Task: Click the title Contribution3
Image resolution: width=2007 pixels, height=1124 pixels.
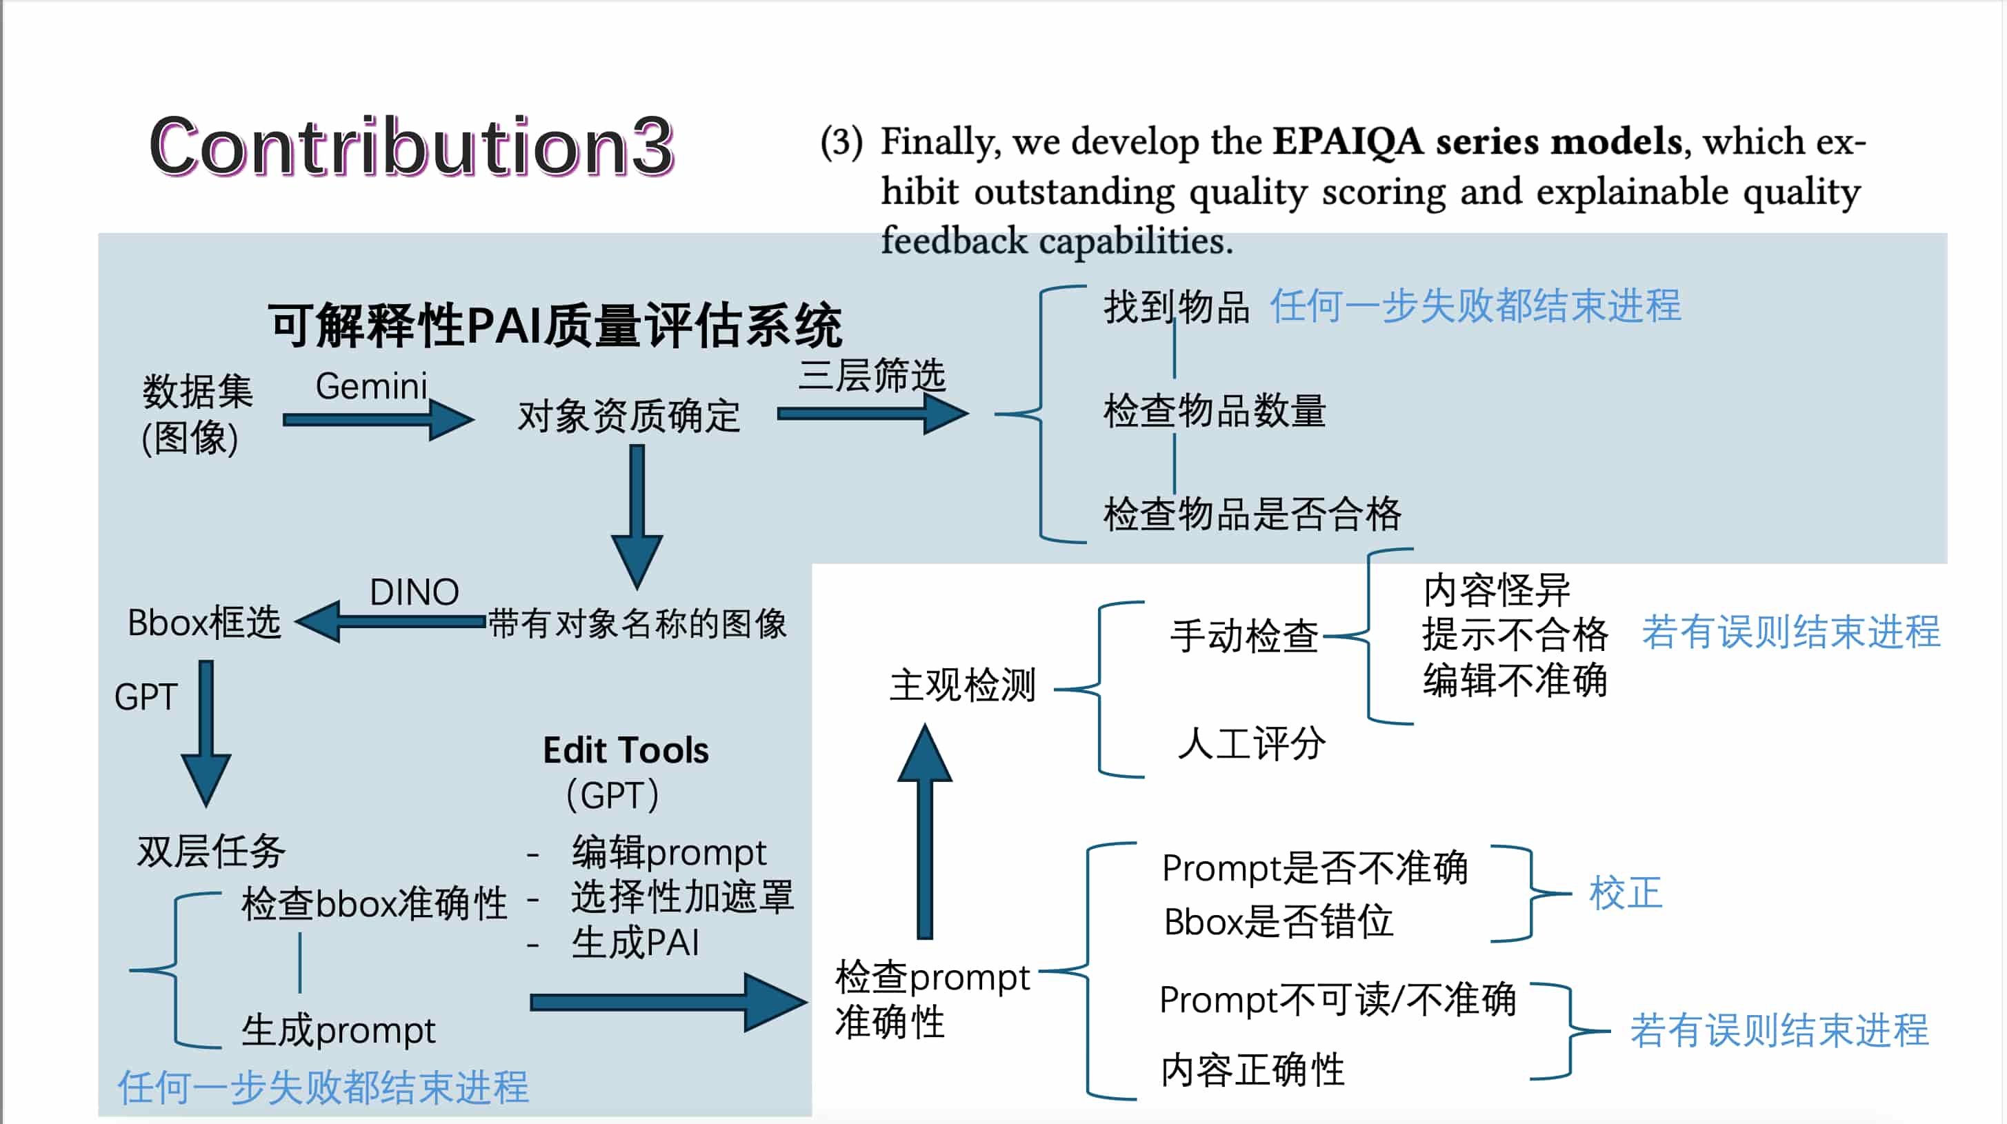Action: tap(411, 146)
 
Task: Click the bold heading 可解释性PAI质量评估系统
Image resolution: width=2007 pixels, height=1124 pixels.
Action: tap(554, 325)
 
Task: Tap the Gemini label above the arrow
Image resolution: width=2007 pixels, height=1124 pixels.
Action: tap(371, 386)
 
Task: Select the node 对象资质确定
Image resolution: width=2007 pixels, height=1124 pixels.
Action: tap(629, 416)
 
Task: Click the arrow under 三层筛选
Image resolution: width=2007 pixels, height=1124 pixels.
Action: tap(872, 414)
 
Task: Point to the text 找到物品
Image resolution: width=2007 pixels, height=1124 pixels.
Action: tap(1176, 306)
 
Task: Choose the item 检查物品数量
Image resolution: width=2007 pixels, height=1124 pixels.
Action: tap(1214, 410)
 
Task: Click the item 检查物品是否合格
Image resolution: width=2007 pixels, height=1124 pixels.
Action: tap(1251, 514)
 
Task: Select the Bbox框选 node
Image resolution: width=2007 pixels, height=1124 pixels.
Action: tap(204, 623)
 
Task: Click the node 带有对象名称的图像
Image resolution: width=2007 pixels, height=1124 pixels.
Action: tap(637, 624)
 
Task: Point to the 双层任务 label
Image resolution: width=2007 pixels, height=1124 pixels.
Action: tap(211, 851)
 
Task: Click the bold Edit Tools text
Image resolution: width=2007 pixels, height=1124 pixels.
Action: tap(626, 751)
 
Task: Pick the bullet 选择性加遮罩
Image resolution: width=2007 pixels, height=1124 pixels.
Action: tap(681, 897)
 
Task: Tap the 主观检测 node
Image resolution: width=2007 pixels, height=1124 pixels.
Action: tap(962, 686)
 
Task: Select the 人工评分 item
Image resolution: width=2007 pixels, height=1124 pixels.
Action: tap(1250, 744)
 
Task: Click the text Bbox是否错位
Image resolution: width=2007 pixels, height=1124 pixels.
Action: tap(1278, 922)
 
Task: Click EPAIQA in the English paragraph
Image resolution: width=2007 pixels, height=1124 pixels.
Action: tap(1348, 143)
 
